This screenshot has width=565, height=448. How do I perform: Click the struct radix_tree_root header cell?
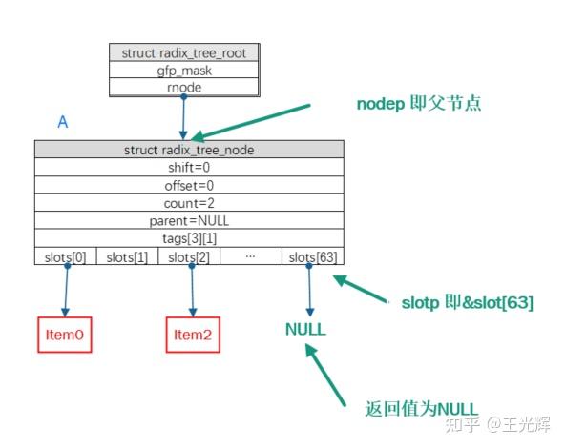click(x=182, y=52)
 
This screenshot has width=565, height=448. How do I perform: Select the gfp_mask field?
click(x=182, y=70)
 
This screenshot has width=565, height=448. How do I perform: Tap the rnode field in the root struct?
click(x=182, y=87)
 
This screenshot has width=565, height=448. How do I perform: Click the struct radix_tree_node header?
click(x=189, y=150)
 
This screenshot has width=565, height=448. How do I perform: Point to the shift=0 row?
click(x=189, y=167)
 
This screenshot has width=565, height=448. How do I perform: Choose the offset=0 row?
click(x=189, y=185)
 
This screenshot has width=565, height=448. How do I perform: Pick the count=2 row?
click(x=189, y=203)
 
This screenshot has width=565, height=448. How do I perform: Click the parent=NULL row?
click(x=189, y=220)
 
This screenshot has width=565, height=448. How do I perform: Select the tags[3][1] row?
click(x=189, y=238)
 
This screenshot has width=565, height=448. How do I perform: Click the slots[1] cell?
click(x=127, y=256)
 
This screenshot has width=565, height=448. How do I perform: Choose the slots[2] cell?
click(x=189, y=256)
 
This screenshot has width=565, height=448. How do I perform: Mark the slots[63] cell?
click(x=313, y=256)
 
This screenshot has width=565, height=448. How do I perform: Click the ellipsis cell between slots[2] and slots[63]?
click(x=251, y=256)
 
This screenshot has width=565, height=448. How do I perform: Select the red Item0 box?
click(x=65, y=335)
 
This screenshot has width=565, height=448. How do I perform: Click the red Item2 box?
click(x=192, y=335)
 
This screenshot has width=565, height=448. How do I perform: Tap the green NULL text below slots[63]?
click(x=305, y=330)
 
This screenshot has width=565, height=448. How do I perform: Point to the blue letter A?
click(x=63, y=123)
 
